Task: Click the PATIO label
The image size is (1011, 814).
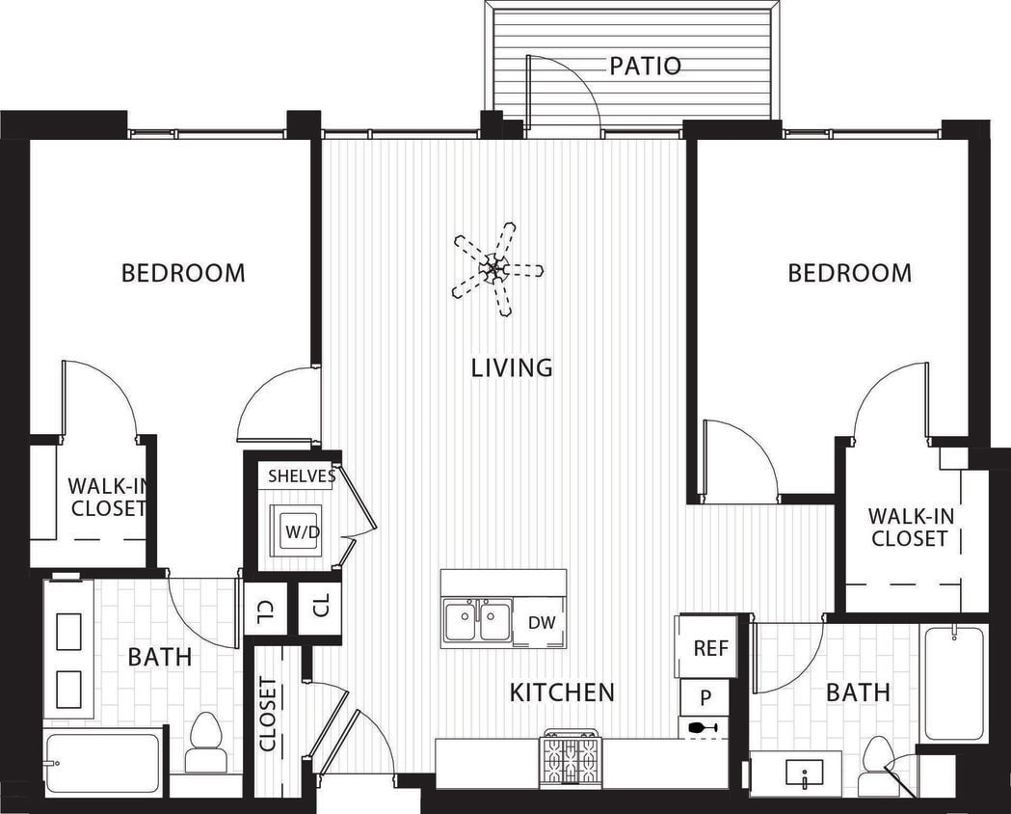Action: (645, 66)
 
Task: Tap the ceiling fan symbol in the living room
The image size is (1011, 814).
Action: (497, 268)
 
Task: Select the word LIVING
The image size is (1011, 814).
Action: (512, 367)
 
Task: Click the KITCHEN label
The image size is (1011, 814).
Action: (562, 692)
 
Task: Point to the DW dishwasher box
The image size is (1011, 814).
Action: (542, 623)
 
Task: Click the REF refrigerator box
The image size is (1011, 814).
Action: (710, 648)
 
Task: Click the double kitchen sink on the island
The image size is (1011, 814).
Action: (477, 621)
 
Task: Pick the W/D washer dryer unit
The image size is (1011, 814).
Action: (295, 529)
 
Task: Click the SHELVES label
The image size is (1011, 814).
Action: (301, 475)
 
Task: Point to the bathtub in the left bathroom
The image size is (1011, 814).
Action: (102, 763)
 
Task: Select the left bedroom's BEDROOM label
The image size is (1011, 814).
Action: (183, 273)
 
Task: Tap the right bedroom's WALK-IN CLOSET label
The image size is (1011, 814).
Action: (911, 528)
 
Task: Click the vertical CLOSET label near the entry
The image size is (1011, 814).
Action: (269, 715)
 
